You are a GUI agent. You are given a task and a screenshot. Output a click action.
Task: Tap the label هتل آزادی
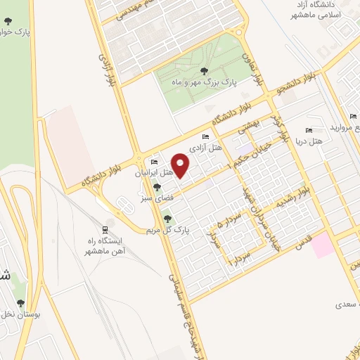pyautogui.click(x=211, y=148)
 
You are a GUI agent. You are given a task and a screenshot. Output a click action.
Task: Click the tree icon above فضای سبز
pyautogui.click(x=157, y=187)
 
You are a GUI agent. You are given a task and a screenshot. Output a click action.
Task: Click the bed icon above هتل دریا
pyautogui.click(x=309, y=130)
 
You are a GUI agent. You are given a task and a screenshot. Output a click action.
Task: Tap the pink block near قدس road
pyautogui.click(x=323, y=245)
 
